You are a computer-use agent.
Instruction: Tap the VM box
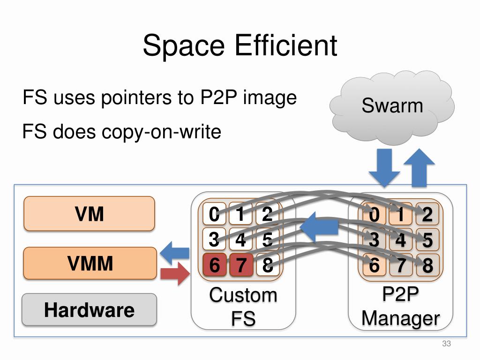(89, 214)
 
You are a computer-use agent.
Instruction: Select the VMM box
(90, 263)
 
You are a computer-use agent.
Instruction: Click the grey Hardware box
(89, 309)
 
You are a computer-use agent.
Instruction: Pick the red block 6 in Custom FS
(214, 265)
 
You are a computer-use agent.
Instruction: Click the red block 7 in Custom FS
(241, 265)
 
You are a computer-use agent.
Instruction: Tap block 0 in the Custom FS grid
(214, 215)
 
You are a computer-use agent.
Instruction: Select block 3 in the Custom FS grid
(214, 240)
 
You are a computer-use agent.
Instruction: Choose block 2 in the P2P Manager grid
(427, 215)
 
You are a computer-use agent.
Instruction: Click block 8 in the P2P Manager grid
(427, 265)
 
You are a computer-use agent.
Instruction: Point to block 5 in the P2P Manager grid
(427, 240)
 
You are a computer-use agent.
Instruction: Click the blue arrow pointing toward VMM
(174, 254)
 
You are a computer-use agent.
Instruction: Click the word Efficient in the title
(286, 46)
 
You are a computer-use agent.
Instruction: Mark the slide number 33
(446, 345)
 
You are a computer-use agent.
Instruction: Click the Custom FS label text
(243, 307)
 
